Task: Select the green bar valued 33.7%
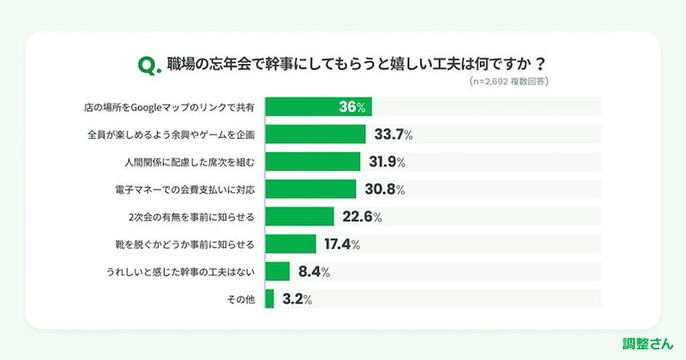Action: coord(314,135)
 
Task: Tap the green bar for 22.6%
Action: coord(299,217)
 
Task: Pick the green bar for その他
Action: coord(269,299)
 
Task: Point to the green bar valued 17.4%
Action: coord(291,244)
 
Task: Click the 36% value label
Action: coord(352,107)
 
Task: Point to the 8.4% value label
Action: coord(312,272)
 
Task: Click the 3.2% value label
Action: coord(297,299)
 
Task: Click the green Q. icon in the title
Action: coord(147,63)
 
